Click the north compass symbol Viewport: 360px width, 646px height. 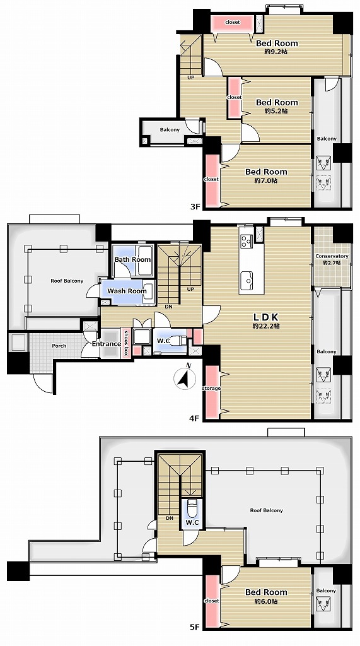click(x=185, y=377)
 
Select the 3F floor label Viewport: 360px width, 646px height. click(x=194, y=206)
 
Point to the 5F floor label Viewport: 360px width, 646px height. click(x=194, y=628)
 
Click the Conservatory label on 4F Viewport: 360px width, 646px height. click(x=332, y=256)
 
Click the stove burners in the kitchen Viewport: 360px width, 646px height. click(x=247, y=241)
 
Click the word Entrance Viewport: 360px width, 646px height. click(x=107, y=344)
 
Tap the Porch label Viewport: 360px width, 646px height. click(x=59, y=346)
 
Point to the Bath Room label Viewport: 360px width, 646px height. click(x=132, y=259)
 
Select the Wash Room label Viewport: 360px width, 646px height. click(x=127, y=291)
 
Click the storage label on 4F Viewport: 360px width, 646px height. click(x=211, y=388)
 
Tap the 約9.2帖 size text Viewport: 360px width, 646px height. click(x=276, y=52)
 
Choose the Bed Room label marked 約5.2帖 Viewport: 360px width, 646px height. click(x=277, y=102)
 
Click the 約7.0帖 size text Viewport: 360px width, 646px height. click(x=265, y=180)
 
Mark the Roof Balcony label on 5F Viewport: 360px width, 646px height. click(x=267, y=510)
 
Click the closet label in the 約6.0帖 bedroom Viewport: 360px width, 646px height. click(x=212, y=601)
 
